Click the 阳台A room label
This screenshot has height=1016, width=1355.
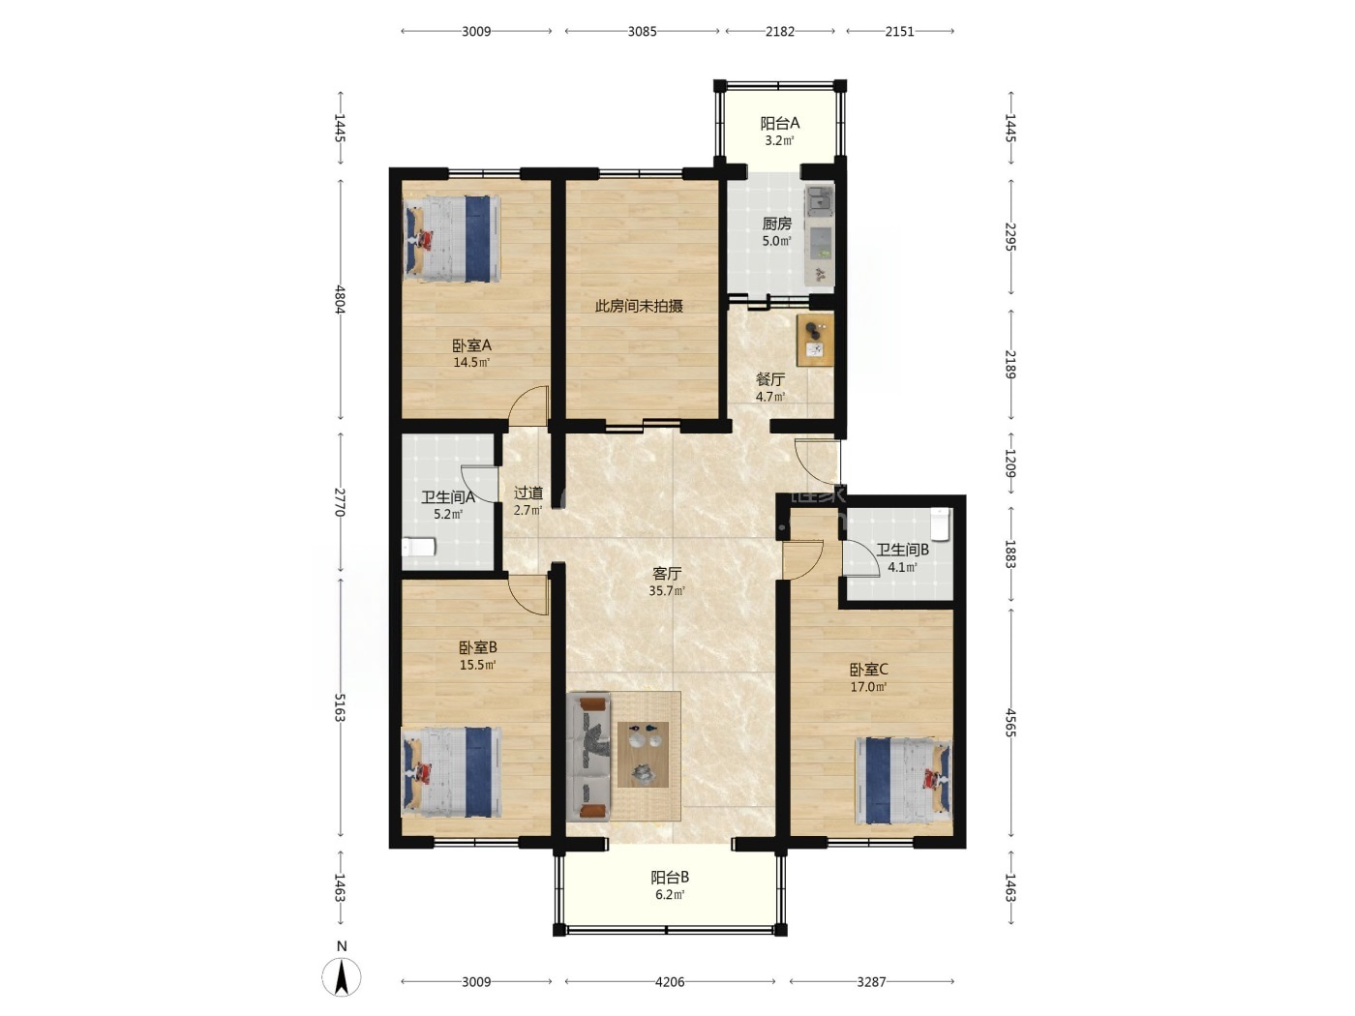(779, 124)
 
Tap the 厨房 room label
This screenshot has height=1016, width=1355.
(776, 224)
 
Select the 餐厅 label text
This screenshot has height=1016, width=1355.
(769, 379)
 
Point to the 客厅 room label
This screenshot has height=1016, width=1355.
(667, 574)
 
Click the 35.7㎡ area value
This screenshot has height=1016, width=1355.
(667, 591)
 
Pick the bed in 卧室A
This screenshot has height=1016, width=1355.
(451, 239)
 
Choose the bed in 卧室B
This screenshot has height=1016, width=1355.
(451, 771)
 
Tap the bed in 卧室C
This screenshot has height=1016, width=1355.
(902, 781)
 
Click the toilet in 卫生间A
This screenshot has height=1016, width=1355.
(419, 547)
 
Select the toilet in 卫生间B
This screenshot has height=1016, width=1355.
(939, 523)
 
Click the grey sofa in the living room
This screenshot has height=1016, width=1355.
(588, 757)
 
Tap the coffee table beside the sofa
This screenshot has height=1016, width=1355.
(643, 755)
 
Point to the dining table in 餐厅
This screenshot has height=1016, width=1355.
(815, 341)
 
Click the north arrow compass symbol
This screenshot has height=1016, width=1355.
(342, 977)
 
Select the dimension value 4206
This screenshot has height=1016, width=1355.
(670, 981)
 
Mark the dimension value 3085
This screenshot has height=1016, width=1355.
(642, 32)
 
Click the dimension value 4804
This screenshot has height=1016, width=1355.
(340, 299)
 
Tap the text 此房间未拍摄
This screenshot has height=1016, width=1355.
(639, 306)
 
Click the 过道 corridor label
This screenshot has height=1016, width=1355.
(528, 493)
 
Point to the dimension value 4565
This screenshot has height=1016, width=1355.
(1009, 723)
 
